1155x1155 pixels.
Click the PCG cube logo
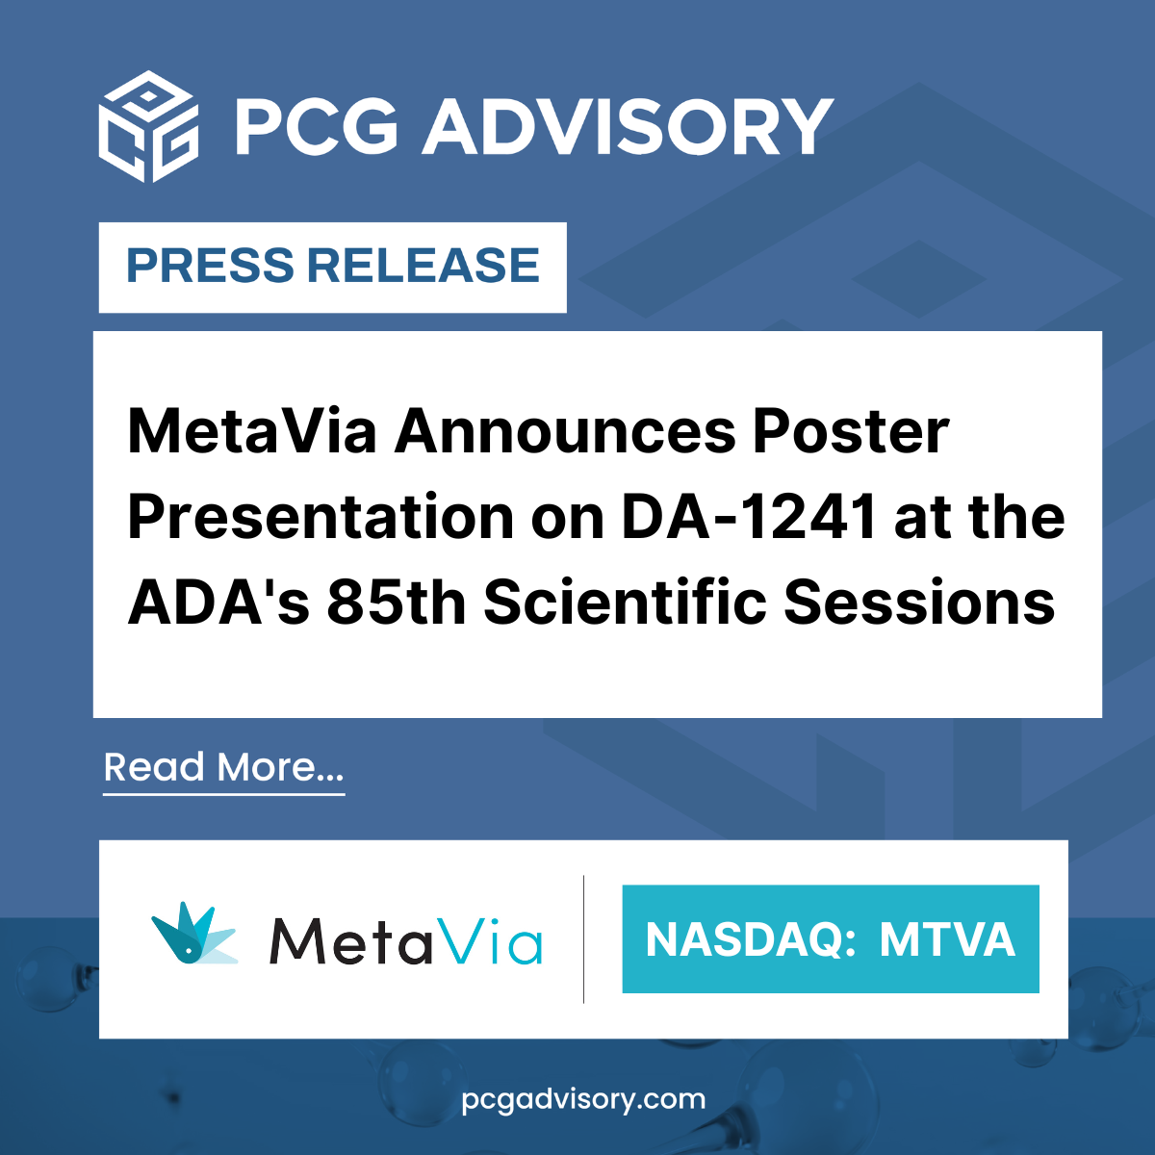pos(148,126)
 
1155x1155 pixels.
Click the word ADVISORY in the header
pos(628,128)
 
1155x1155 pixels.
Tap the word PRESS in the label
pos(210,266)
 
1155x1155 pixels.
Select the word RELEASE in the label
pos(423,266)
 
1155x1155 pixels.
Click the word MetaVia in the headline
pos(252,431)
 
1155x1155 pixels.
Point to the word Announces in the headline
pos(565,431)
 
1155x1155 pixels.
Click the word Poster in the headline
pos(851,431)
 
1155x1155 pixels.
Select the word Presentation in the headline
pos(321,517)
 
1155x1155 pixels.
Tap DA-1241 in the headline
pos(750,517)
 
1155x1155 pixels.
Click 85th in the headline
pos(397,602)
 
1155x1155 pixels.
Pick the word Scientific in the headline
pos(626,602)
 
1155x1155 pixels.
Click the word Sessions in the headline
pos(919,602)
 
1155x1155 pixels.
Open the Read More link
pos(223,768)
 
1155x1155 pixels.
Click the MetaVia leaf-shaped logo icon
pos(194,934)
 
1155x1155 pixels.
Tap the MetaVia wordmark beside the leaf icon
pos(406,941)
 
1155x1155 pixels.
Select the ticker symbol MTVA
pos(947,939)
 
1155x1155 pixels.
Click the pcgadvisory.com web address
pos(584,1099)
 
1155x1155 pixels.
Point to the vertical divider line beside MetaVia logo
pos(584,939)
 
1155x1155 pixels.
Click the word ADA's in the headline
pos(218,602)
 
